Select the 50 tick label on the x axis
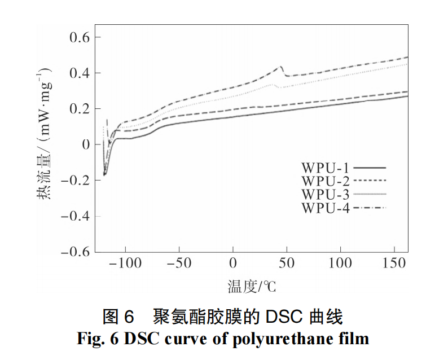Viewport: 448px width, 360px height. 287,264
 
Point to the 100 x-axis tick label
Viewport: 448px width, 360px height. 340,264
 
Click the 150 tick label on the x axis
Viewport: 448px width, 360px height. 394,264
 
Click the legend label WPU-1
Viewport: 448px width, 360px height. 326,168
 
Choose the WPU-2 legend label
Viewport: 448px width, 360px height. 326,181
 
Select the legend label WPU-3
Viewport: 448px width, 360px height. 326,195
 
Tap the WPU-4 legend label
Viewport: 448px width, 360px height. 326,208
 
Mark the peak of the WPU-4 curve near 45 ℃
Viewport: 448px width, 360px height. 280,67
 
